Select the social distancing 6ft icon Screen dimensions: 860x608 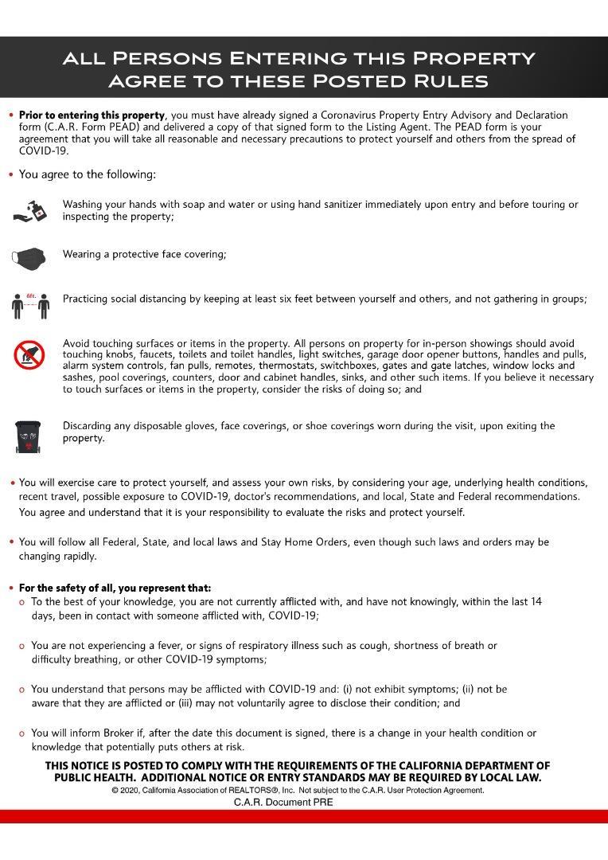30,304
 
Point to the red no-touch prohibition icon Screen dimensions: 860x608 29,354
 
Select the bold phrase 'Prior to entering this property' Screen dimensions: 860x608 92,115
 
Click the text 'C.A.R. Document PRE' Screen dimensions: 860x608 283,803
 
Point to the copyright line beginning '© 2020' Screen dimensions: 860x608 298,791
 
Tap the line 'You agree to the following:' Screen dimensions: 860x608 88,174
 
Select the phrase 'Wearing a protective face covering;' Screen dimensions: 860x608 145,255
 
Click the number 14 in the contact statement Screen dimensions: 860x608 536,602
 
